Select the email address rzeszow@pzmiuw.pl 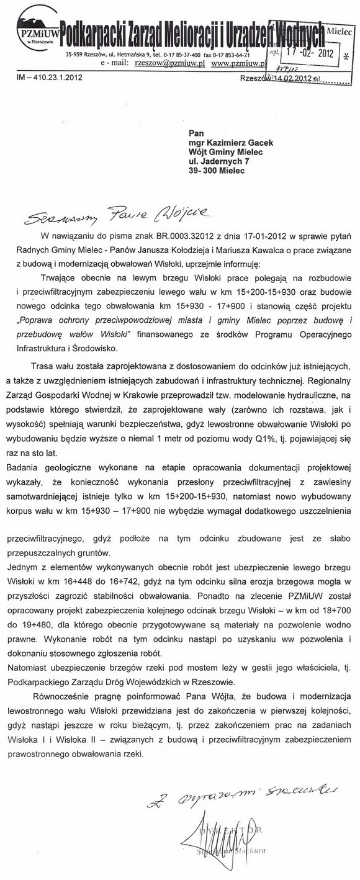(x=173, y=63)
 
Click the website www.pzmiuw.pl (x=238, y=63)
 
